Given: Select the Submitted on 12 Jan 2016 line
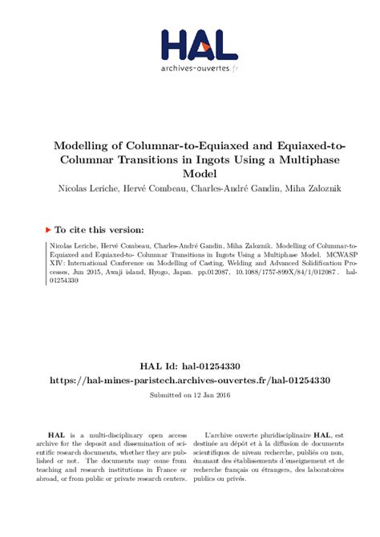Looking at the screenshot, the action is pos(190,395).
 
